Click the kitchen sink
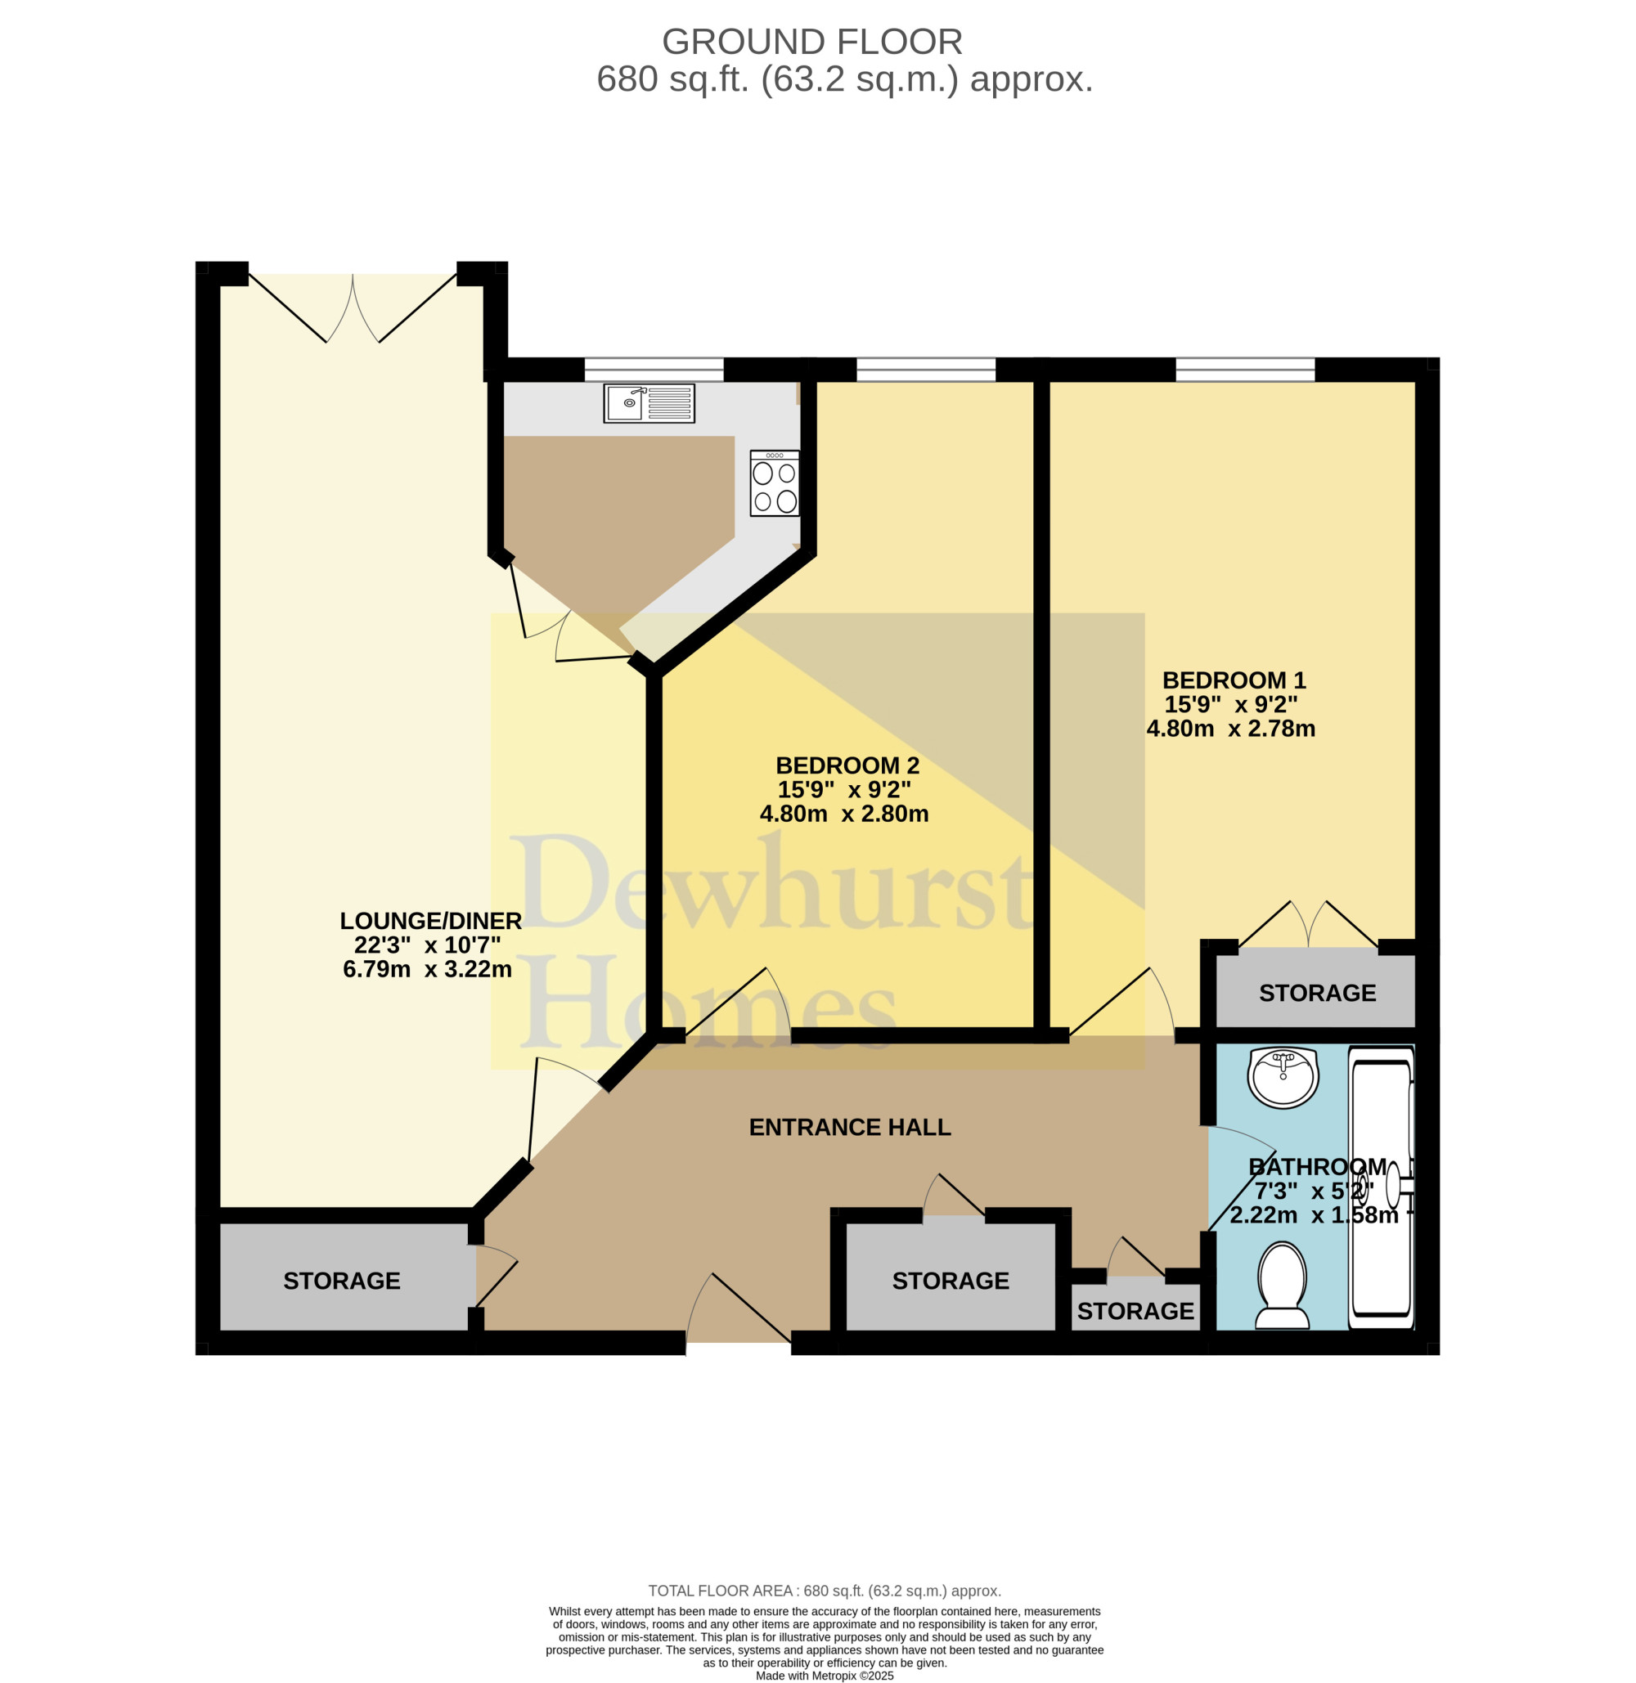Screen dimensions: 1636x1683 [649, 403]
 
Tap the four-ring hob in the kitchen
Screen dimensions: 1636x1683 [774, 482]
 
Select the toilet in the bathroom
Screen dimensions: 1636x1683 [1282, 1285]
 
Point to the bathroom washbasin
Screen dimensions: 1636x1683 [1283, 1077]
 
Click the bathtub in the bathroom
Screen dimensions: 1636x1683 [1381, 1187]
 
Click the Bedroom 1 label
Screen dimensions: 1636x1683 [1234, 680]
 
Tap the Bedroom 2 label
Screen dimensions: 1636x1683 [847, 765]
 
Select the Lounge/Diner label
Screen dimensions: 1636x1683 [430, 921]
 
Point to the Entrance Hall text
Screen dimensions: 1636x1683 [850, 1127]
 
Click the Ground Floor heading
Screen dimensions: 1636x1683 [812, 41]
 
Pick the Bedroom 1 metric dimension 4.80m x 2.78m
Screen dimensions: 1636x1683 [1230, 729]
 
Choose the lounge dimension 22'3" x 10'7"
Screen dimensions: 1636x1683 [427, 945]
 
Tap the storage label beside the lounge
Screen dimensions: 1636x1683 [342, 1281]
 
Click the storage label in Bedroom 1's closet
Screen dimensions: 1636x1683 [1317, 993]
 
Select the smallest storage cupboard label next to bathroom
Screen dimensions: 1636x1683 [1135, 1311]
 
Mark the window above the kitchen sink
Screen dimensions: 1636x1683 [654, 370]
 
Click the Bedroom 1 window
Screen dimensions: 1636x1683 [1245, 370]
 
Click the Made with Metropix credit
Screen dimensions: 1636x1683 [825, 1676]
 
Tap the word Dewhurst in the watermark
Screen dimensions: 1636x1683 [771, 883]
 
